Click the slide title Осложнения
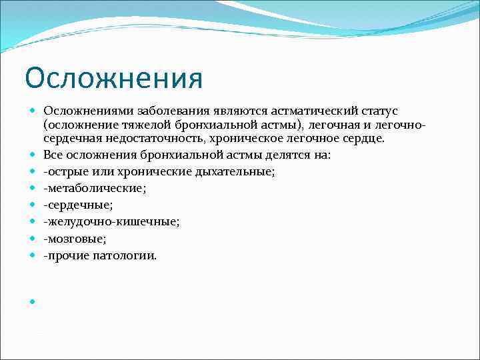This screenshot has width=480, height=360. (x=113, y=78)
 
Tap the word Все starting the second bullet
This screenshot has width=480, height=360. (x=53, y=155)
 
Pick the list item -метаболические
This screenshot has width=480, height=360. (x=94, y=188)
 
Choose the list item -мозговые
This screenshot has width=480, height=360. (x=75, y=238)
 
